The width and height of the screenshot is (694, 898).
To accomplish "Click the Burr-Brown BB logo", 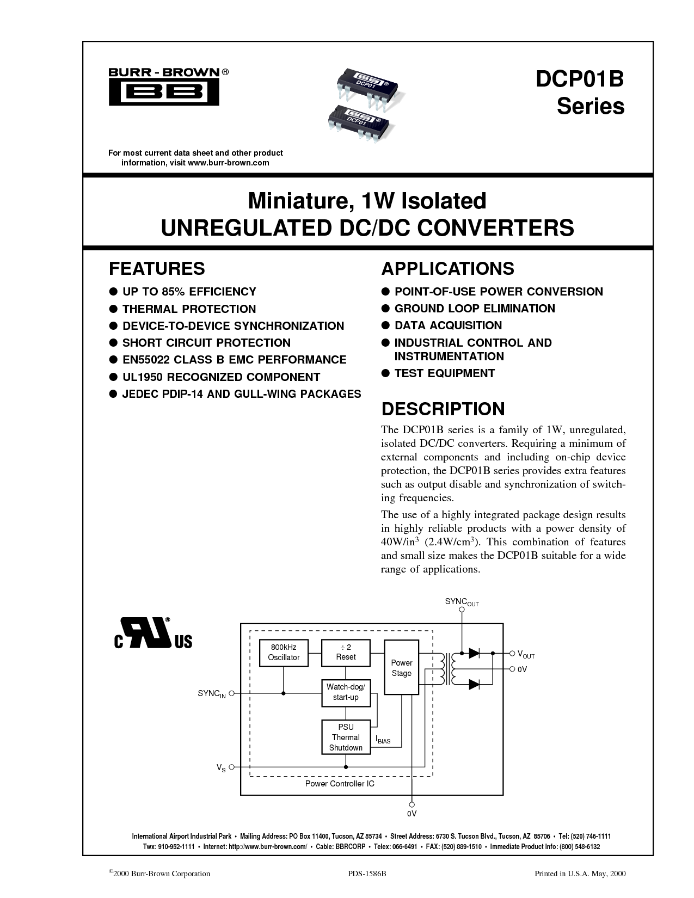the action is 164,87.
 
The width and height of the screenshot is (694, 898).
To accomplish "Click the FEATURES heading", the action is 157,269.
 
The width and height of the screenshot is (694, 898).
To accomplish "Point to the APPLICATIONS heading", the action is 447,269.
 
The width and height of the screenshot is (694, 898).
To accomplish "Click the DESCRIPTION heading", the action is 443,409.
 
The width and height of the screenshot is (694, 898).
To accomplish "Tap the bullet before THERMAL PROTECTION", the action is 113,309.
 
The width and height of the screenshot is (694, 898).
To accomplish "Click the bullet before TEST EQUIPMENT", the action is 385,373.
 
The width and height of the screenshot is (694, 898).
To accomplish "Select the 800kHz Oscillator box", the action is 284,653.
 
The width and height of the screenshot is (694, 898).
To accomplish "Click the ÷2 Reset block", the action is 346,653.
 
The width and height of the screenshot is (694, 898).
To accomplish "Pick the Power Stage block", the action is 401,667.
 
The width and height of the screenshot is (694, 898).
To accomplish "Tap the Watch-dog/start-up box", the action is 346,693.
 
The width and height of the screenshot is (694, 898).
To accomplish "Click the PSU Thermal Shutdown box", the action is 346,737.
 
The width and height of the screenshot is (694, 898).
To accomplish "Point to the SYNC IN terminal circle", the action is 231,693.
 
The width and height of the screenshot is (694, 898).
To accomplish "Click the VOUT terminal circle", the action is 512,653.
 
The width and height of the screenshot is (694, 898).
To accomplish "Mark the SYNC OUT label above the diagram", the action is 462,602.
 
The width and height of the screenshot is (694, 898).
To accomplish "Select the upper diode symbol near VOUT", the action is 474,653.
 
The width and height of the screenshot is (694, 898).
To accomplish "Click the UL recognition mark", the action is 153,633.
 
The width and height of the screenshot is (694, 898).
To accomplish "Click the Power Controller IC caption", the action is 340,784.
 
